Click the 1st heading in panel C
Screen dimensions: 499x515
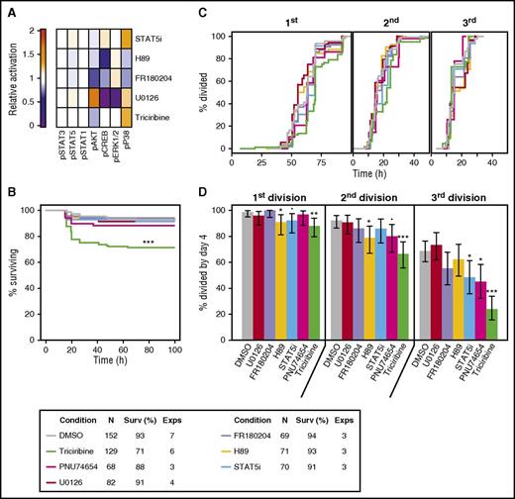[x=292, y=17]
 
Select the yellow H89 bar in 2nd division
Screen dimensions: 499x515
[x=369, y=286]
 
